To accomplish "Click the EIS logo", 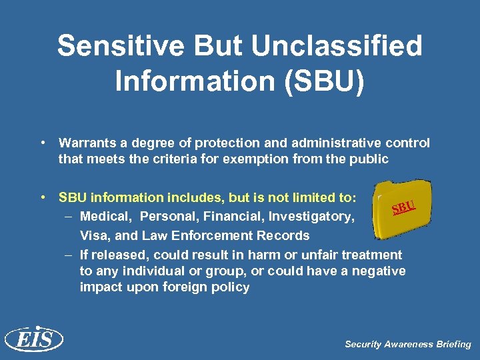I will [x=33, y=340].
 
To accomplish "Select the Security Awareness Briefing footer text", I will [x=407, y=344].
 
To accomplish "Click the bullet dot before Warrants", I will [x=42, y=143].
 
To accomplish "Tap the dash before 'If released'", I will [x=69, y=255].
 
